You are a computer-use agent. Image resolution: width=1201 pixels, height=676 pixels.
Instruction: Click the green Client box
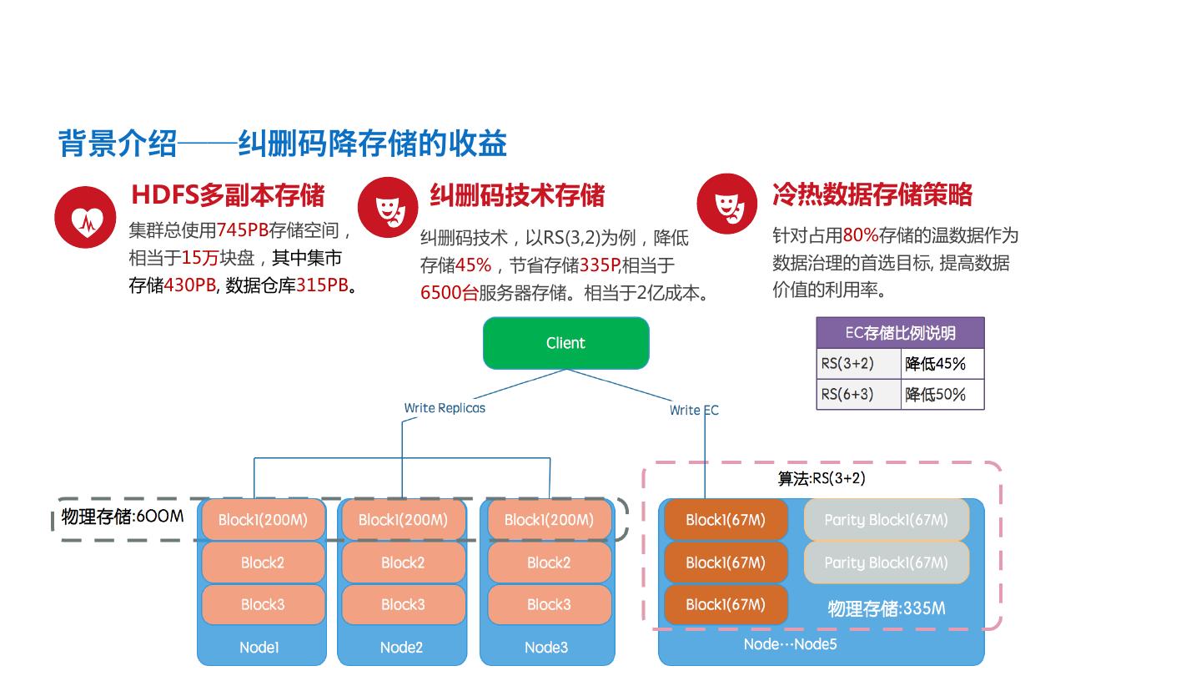click(565, 343)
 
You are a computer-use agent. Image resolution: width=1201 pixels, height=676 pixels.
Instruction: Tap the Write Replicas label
click(445, 408)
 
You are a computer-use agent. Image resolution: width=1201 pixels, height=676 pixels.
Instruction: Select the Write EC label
click(694, 410)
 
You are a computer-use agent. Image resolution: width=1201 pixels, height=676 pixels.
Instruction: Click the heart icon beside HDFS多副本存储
click(85, 217)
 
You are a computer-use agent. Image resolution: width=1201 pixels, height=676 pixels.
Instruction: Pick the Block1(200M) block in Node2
click(403, 520)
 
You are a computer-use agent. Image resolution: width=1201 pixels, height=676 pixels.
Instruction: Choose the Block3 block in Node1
click(263, 604)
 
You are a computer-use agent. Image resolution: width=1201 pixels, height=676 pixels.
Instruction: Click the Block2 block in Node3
click(548, 562)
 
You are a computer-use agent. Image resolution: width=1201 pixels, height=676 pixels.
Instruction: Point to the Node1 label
click(259, 647)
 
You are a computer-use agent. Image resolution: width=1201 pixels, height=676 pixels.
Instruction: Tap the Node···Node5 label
click(790, 644)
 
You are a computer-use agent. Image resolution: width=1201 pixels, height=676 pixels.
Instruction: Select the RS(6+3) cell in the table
click(848, 394)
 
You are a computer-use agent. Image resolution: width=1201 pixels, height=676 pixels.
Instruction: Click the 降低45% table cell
click(936, 364)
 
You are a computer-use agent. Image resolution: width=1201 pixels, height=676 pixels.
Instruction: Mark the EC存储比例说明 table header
click(900, 333)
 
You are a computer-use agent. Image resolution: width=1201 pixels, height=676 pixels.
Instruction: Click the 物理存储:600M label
click(123, 517)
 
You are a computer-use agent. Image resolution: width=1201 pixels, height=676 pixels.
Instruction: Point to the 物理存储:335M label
click(887, 608)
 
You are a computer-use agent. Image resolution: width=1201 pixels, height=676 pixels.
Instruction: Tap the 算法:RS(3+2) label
click(822, 478)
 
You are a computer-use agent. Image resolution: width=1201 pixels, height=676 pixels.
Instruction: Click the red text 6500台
click(449, 293)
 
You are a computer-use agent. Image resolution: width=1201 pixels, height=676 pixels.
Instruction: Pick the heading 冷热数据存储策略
click(872, 194)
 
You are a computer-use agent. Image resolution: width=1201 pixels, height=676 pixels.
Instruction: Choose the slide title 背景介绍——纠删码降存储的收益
click(283, 144)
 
